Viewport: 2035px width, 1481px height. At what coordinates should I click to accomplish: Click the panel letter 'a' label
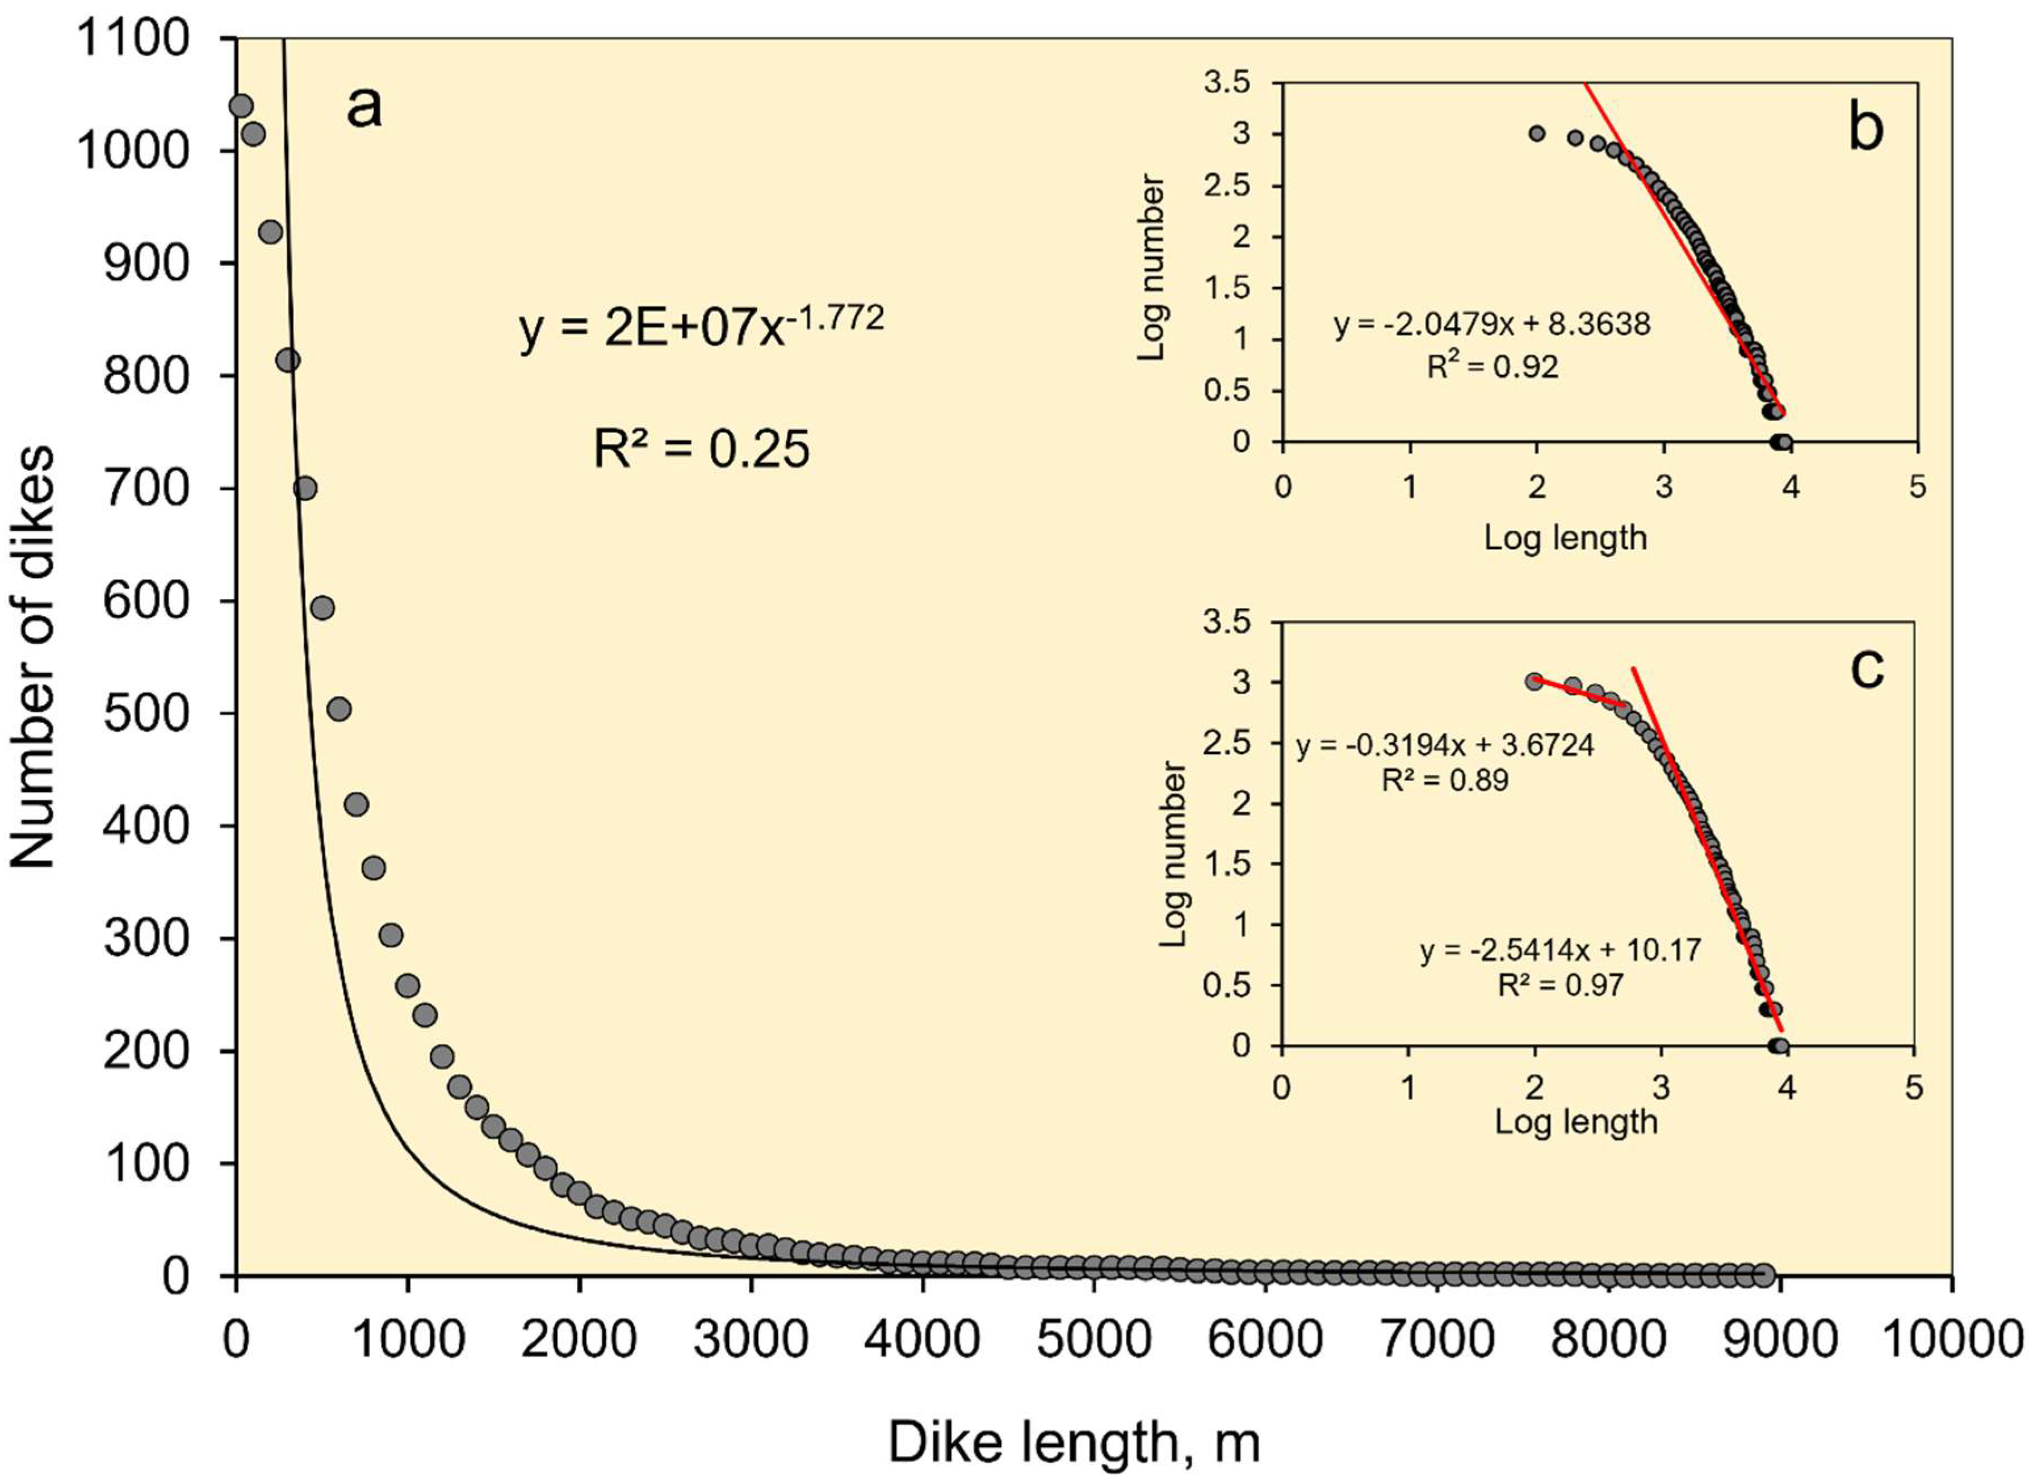pos(364,109)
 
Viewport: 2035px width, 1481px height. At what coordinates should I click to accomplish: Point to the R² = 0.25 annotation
pos(701,449)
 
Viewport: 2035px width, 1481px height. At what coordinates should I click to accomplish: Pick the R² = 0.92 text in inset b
pos(1492,366)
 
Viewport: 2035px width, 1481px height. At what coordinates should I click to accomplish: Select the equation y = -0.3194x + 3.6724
pos(1444,745)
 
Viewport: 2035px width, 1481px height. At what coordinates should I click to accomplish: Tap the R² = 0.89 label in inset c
pos(1444,780)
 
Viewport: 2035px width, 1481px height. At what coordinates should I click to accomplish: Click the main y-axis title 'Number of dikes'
pos(33,657)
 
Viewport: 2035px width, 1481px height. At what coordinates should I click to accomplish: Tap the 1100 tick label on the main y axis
pos(133,40)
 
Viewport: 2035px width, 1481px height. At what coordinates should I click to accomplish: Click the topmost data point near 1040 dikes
pos(240,106)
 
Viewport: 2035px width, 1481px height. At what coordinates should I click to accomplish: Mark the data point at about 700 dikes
pos(305,488)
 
